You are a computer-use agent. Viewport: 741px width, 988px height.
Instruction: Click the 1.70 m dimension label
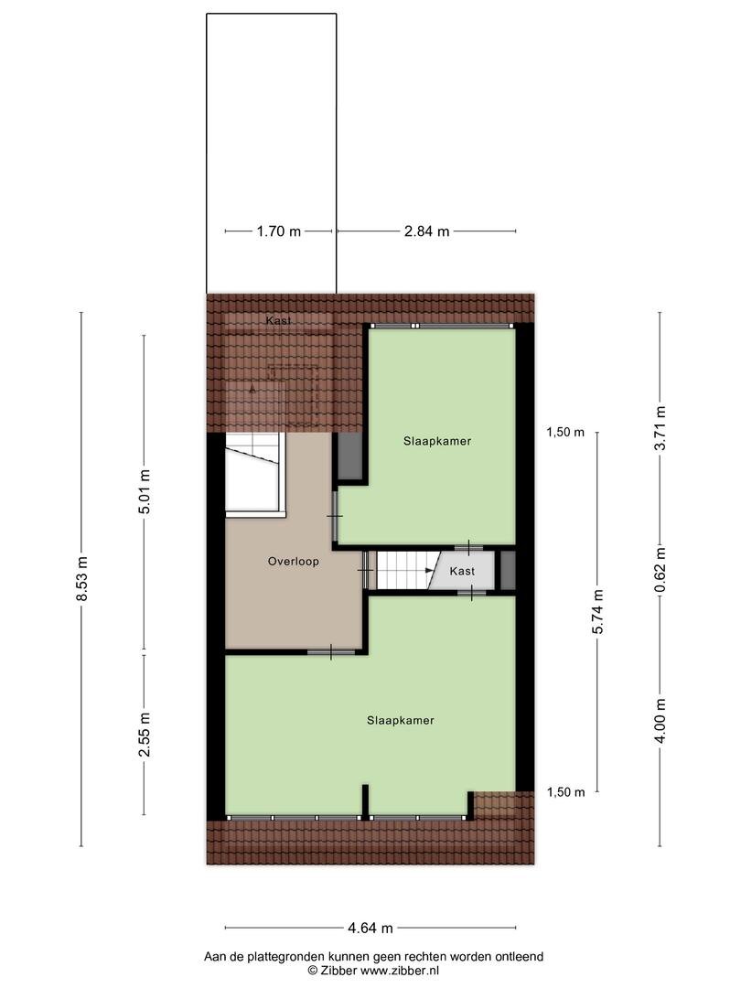click(x=278, y=231)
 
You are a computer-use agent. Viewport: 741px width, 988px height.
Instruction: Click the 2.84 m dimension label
click(x=426, y=231)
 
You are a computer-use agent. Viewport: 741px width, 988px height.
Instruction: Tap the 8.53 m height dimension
click(x=81, y=579)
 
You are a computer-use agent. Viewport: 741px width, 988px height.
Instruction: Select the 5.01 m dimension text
click(x=145, y=491)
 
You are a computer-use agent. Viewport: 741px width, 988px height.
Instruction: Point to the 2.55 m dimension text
click(x=145, y=735)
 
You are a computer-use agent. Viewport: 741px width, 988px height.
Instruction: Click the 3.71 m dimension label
click(x=660, y=428)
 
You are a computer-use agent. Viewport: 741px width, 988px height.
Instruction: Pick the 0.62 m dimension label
click(x=660, y=570)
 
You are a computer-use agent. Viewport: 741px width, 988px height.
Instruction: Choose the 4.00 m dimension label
click(x=660, y=721)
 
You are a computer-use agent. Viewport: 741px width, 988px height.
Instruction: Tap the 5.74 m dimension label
click(x=598, y=612)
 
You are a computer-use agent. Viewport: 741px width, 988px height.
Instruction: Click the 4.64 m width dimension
click(x=370, y=928)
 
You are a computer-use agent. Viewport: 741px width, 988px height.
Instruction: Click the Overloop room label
click(x=293, y=562)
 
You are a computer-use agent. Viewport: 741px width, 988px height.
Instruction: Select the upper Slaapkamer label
click(x=437, y=441)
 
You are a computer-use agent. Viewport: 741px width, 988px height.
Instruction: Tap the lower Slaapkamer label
click(x=401, y=720)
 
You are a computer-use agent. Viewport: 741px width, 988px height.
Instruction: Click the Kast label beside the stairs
click(x=462, y=571)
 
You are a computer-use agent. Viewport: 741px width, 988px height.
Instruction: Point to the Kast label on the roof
click(x=278, y=321)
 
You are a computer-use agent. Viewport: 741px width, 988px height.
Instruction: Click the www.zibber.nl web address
click(x=400, y=971)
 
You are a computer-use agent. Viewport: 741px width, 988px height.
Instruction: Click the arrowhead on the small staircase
click(x=430, y=571)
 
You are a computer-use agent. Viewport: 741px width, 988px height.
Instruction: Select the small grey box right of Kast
click(x=508, y=570)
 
